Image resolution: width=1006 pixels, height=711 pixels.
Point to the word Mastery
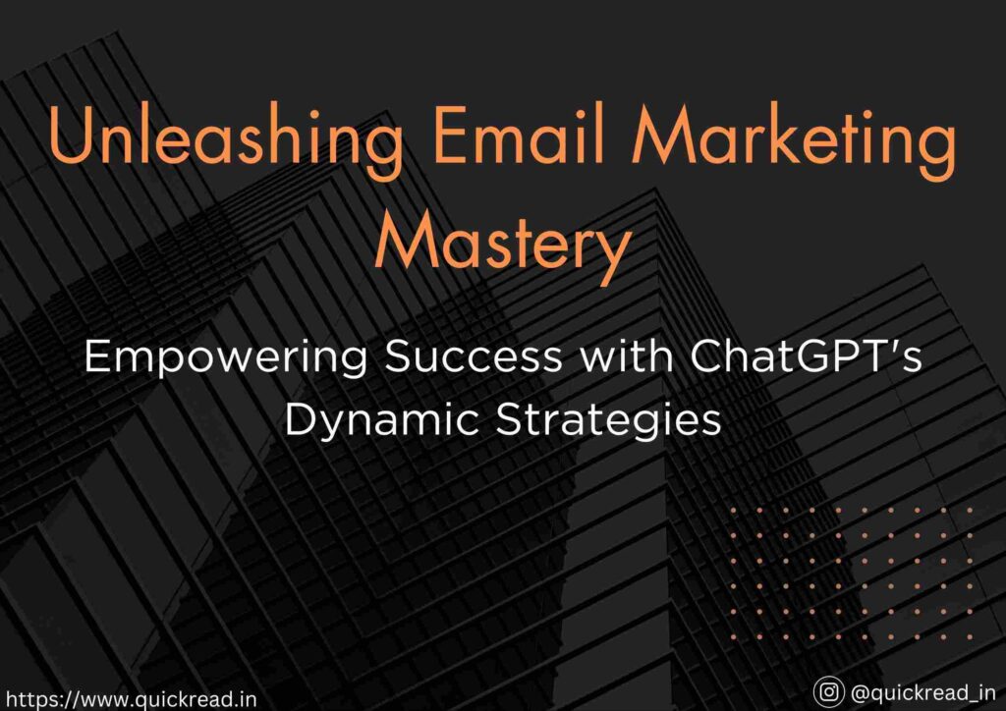[x=502, y=247]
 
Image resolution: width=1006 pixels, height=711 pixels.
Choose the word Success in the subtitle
[x=473, y=355]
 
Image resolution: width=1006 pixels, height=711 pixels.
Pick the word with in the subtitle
[x=627, y=355]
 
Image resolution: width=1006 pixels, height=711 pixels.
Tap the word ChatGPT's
[x=807, y=355]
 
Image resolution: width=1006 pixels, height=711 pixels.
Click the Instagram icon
[x=828, y=692]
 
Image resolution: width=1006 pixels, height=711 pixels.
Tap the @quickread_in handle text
[x=922, y=693]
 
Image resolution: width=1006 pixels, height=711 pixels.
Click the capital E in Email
[x=450, y=134]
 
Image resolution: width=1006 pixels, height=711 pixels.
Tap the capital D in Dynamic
[x=301, y=420]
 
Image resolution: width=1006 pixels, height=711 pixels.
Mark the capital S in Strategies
[x=511, y=420]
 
